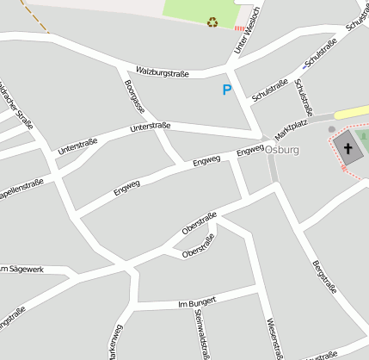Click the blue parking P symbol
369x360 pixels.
(x=227, y=90)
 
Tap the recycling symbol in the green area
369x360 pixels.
(x=212, y=22)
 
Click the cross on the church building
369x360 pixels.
(x=348, y=148)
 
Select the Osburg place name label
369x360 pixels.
(x=282, y=149)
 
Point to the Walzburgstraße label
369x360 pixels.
(x=162, y=72)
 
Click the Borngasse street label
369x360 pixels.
(x=134, y=96)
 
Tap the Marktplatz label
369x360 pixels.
(x=291, y=130)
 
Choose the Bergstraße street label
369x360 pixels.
(x=324, y=277)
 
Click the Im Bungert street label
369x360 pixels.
(x=196, y=301)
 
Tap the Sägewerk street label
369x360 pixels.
(x=22, y=270)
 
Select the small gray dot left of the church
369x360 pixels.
(x=332, y=129)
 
